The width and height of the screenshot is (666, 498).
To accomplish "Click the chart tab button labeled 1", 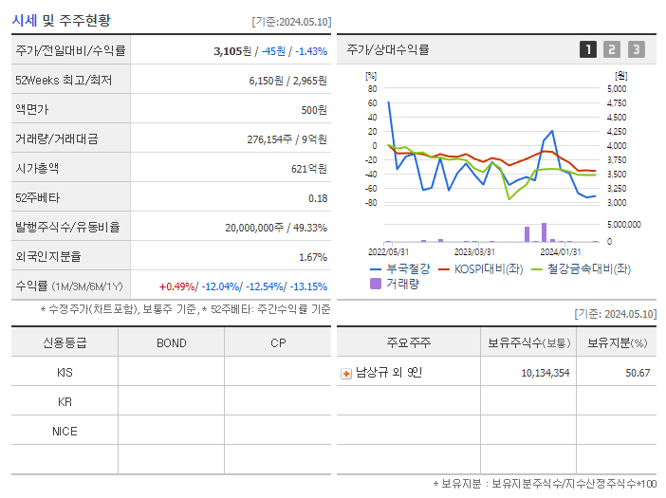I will click(x=588, y=49).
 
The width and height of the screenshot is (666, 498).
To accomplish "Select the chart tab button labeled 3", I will click(x=636, y=49).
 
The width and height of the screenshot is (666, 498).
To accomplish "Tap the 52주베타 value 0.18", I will click(x=318, y=197).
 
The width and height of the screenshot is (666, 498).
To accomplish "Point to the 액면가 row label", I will click(x=37, y=109).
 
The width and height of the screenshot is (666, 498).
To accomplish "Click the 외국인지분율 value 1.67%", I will click(x=312, y=256).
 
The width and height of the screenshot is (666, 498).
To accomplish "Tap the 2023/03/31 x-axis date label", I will click(x=474, y=251).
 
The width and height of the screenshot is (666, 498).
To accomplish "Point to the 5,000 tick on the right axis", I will click(x=616, y=88).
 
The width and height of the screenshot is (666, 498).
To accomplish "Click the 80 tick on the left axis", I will click(x=373, y=88).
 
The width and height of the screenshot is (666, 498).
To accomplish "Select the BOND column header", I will click(x=171, y=342).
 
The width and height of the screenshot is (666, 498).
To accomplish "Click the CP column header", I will click(x=278, y=342).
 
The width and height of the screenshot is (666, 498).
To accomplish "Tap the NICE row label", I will click(x=65, y=431).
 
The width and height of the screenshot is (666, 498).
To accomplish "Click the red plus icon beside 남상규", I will click(x=346, y=373).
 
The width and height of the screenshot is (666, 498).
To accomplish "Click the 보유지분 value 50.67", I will click(x=638, y=373).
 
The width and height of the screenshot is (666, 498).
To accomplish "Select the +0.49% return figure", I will click(x=177, y=286).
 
